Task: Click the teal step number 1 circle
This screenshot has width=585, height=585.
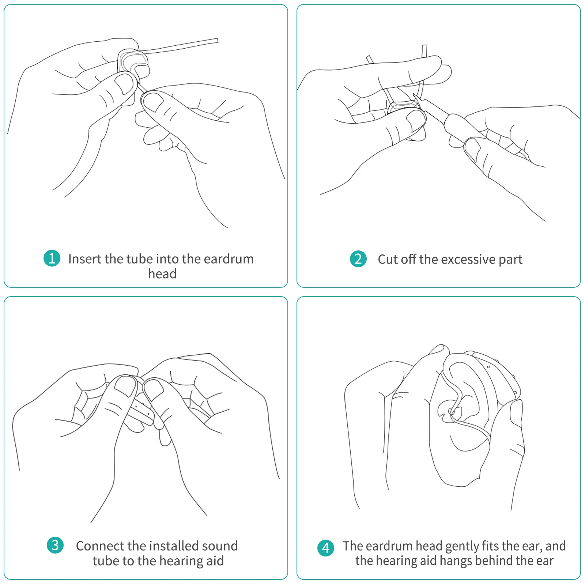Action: pos(52,258)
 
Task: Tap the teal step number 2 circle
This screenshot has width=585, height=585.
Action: pos(358,259)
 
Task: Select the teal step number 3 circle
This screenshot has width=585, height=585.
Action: pos(55,545)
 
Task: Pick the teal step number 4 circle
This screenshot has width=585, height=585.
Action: pos(326,548)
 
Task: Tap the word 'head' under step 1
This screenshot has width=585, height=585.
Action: pos(162,274)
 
